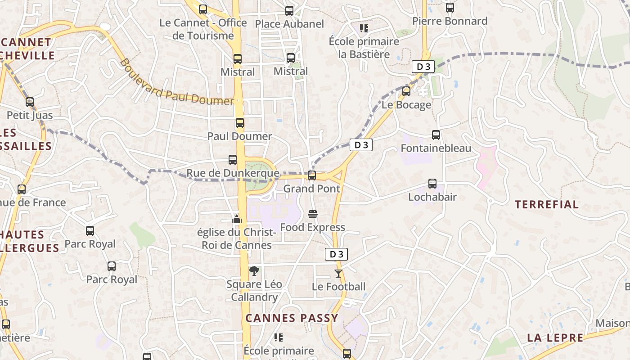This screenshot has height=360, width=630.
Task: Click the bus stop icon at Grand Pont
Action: click(311, 175)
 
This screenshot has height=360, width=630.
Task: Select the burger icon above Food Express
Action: click(313, 214)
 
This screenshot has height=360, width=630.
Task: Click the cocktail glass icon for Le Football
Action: click(338, 273)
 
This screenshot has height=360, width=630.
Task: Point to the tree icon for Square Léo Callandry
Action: click(254, 270)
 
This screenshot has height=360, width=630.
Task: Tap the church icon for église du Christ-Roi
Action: click(237, 219)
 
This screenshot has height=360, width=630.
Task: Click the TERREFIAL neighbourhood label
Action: click(547, 205)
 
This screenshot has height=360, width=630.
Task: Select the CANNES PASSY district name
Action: click(292, 318)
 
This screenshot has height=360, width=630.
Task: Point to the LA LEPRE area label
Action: click(555, 338)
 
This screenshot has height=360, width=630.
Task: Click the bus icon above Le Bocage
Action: click(406, 91)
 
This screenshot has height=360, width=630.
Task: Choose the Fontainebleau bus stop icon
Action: click(436, 135)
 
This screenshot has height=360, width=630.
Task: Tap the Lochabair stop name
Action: click(432, 197)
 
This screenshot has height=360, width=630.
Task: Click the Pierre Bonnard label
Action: click(450, 21)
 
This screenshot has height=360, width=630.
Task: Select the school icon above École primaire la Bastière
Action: click(364, 28)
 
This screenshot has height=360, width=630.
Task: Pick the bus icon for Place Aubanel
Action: click(289, 10)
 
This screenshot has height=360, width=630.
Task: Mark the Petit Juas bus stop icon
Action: click(30, 102)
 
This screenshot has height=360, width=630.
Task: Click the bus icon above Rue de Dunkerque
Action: click(233, 160)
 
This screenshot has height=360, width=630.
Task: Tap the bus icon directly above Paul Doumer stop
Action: click(240, 123)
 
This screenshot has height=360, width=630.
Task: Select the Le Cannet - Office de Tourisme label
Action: click(203, 29)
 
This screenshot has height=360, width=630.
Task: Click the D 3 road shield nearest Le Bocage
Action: click(423, 67)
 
